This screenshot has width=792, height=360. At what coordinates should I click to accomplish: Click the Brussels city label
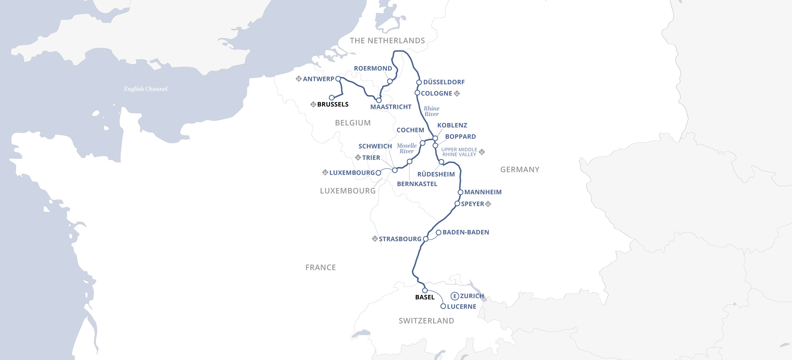tap(332, 104)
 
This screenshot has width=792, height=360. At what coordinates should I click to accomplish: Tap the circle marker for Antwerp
tap(338, 79)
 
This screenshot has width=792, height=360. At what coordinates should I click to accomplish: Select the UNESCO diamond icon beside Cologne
tap(457, 93)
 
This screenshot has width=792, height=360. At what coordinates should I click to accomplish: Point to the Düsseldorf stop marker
tap(419, 82)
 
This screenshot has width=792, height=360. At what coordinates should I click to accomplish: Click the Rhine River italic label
tap(431, 111)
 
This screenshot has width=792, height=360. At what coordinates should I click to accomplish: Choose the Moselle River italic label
tap(406, 148)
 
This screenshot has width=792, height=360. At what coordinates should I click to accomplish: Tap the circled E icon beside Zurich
tap(454, 296)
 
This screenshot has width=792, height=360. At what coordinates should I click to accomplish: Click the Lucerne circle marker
tap(443, 306)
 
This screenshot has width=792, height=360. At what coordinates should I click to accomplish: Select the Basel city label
tap(425, 297)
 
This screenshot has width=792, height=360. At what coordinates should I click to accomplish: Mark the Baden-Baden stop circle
tap(438, 232)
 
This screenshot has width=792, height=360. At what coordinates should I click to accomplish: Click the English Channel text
tap(146, 89)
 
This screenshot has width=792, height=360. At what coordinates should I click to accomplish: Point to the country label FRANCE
tap(320, 267)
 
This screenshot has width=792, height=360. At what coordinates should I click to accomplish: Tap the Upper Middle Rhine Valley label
tap(459, 152)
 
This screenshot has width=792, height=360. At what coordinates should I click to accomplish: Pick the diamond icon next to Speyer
tap(488, 204)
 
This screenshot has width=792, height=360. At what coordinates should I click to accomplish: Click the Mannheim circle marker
tap(460, 192)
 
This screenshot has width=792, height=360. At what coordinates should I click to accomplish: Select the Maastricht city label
tap(391, 107)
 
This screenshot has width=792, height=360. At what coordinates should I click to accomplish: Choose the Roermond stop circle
tap(390, 81)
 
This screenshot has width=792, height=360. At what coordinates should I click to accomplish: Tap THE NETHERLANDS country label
tap(387, 41)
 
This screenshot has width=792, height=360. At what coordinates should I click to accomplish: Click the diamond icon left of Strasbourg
tap(375, 239)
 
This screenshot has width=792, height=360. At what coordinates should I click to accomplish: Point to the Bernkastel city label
tap(417, 184)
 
